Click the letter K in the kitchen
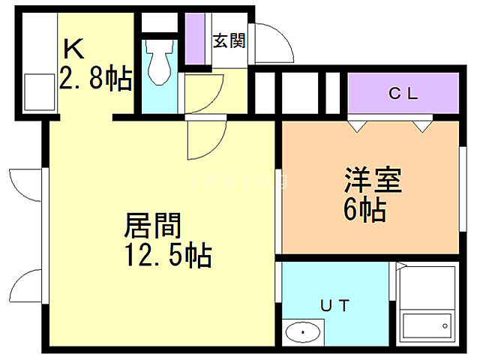click(73, 49)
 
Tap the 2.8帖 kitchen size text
click(96, 78)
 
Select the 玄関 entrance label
click(229, 41)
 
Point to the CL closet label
click(402, 94)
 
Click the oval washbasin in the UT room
click(303, 330)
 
